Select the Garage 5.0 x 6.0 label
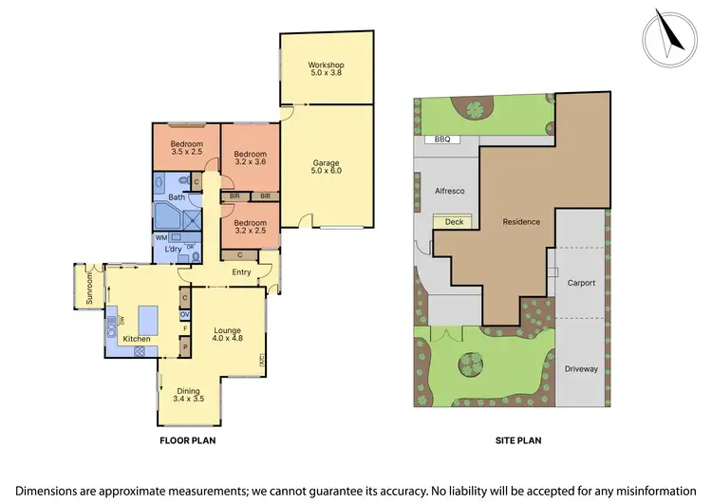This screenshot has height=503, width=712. pyautogui.click(x=326, y=167)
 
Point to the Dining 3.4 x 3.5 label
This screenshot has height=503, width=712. pyautogui.click(x=190, y=395)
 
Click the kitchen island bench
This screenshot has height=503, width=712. pyautogui.click(x=148, y=317)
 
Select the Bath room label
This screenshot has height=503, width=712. pyautogui.click(x=177, y=197)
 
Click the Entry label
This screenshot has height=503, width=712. pyautogui.click(x=241, y=273)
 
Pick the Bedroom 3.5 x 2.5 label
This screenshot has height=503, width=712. pyautogui.click(x=187, y=147)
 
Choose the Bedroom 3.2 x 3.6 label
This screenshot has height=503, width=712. pyautogui.click(x=251, y=158)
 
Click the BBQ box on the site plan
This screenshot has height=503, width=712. pyautogui.click(x=442, y=140)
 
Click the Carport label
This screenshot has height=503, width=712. pyautogui.click(x=581, y=283)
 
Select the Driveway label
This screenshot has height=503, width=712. pyautogui.click(x=581, y=368)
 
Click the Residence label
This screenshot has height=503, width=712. pyautogui.click(x=521, y=222)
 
